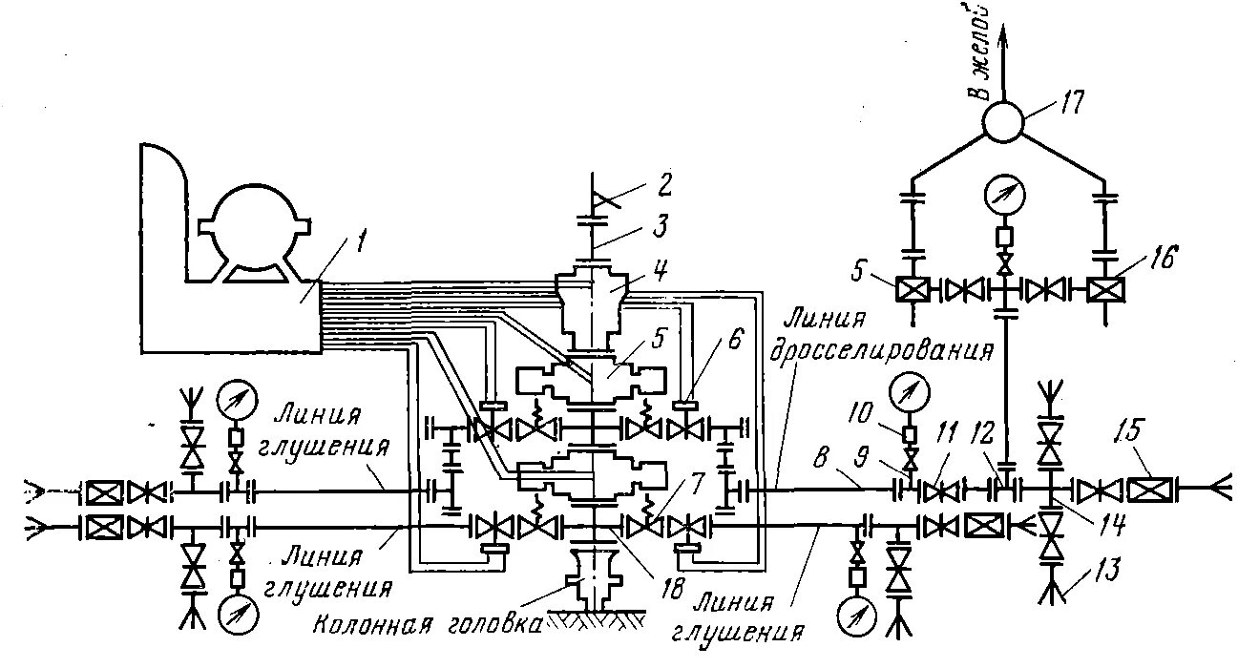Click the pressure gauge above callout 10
908,392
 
